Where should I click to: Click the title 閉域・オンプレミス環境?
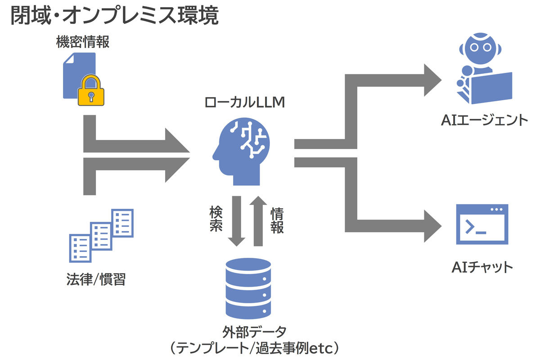tap(114, 17)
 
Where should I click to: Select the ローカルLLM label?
tap(245, 103)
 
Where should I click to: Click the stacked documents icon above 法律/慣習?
tap(101, 234)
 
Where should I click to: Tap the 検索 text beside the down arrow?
tap(216, 219)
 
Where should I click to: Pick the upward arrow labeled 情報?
tap(258, 220)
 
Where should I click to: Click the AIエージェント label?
tap(483, 120)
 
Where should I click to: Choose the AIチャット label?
tap(482, 267)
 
